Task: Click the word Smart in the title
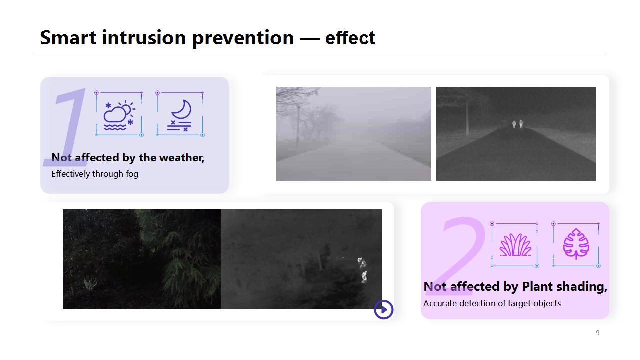click(68, 37)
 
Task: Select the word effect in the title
click(350, 37)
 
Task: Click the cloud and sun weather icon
click(119, 115)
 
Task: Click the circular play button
click(383, 309)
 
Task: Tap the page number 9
click(597, 333)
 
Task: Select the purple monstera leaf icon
click(576, 243)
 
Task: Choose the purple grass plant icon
click(515, 245)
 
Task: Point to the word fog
click(132, 174)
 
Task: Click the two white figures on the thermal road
click(517, 124)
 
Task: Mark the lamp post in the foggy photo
click(298, 125)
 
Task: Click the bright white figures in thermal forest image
click(362, 270)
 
